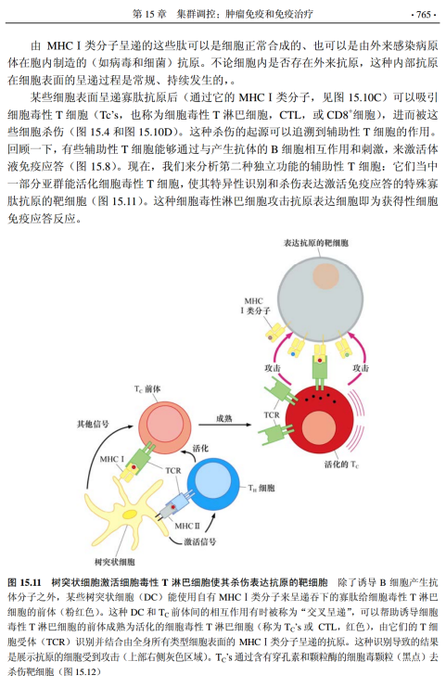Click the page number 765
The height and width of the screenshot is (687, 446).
[424, 14]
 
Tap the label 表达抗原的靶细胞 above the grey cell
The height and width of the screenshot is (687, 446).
[316, 243]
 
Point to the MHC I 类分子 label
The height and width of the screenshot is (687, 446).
[255, 306]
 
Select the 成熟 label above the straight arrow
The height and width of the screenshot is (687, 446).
[223, 418]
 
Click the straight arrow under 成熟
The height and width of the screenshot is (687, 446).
[224, 425]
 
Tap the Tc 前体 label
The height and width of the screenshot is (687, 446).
[147, 388]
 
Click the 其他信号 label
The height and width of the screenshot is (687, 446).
[93, 424]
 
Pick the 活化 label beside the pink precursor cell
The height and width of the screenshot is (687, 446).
[200, 448]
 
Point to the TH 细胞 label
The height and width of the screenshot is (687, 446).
[261, 488]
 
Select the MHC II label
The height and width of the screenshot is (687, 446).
[187, 526]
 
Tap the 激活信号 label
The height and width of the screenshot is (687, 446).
[199, 542]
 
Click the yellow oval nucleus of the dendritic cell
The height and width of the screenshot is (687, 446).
[131, 515]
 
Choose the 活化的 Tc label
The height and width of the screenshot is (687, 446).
[342, 464]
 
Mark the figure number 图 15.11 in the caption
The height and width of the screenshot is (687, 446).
[24, 583]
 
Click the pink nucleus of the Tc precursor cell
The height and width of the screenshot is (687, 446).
[165, 424]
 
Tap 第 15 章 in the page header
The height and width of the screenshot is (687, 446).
[149, 14]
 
